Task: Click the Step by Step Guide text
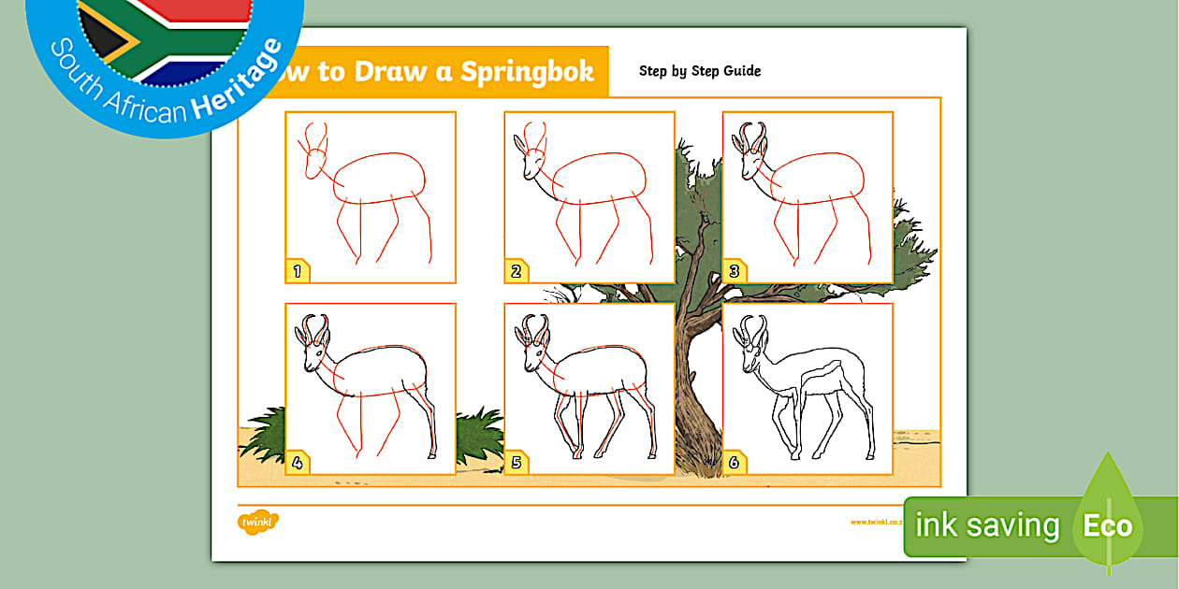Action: (700, 71)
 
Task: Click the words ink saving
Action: (987, 526)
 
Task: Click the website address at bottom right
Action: (875, 523)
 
